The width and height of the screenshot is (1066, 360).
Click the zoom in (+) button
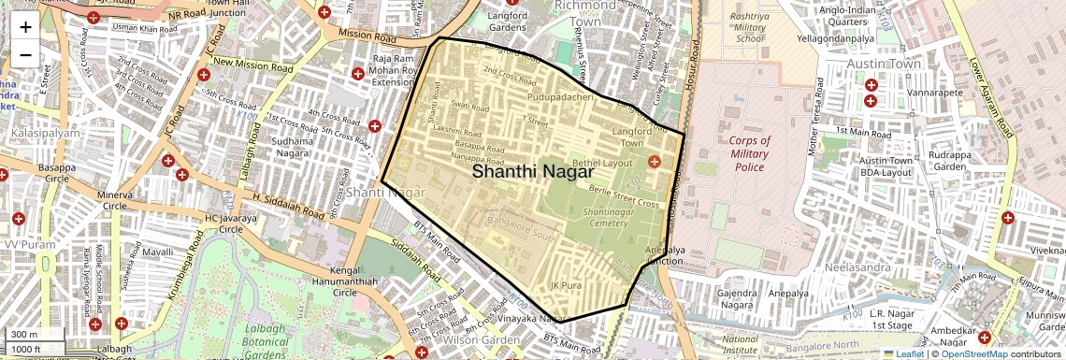tap(25, 26)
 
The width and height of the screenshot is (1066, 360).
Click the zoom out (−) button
tap(25, 54)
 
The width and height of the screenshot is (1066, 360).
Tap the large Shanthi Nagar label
tap(532, 172)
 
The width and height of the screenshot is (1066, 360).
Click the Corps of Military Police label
tap(750, 153)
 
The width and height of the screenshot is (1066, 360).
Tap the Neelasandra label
tap(856, 266)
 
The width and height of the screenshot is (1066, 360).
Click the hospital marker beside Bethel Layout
tap(654, 163)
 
